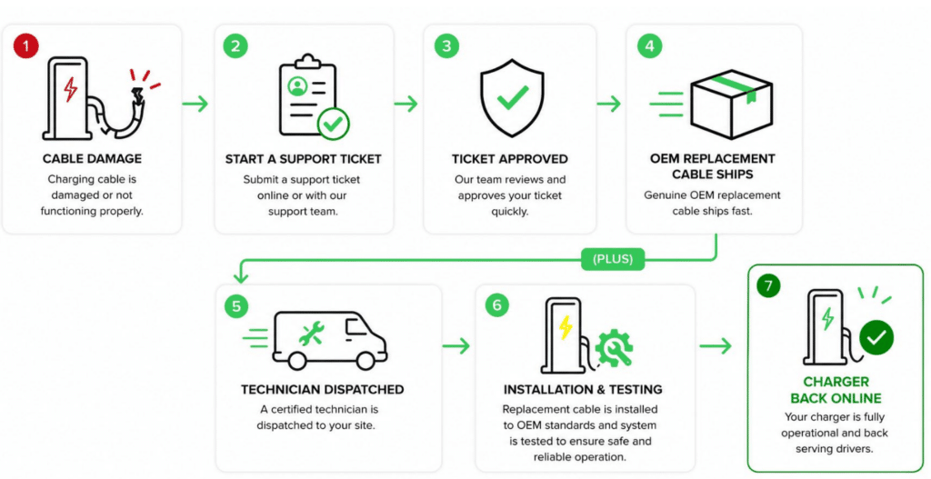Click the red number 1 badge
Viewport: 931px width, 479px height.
[26, 45]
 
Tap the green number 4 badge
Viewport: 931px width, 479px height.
[649, 46]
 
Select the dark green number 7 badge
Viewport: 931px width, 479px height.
[768, 286]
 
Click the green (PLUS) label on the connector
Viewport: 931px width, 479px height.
[613, 259]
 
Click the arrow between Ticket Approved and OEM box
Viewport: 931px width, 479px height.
[608, 104]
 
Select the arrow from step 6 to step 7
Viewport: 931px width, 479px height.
[716, 346]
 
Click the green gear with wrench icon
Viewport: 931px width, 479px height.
[614, 348]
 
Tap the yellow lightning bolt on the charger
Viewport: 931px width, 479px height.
[566, 327]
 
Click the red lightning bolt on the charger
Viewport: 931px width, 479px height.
[71, 90]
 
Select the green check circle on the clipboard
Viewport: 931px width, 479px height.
[333, 124]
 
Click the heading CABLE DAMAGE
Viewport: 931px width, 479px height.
[92, 159]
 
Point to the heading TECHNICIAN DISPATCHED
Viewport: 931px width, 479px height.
[323, 390]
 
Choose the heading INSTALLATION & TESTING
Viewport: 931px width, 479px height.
[583, 390]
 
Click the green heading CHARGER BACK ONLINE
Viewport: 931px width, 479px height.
[836, 390]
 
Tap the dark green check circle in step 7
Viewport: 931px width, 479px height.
[876, 337]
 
